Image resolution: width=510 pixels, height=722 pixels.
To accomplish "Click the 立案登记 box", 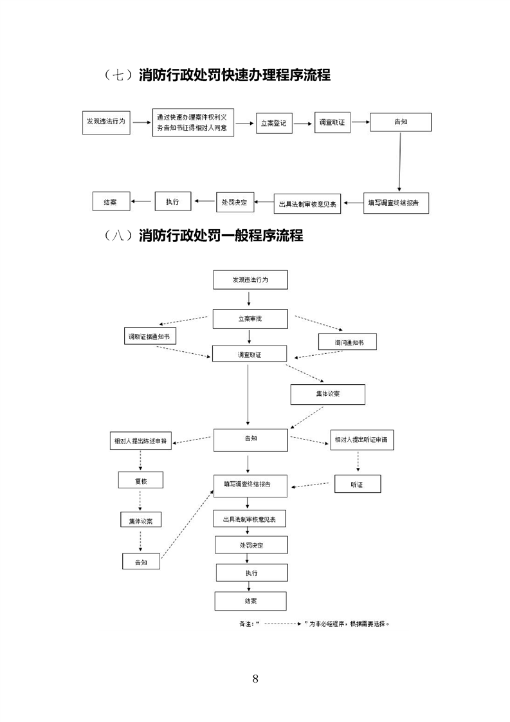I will pyautogui.click(x=274, y=122).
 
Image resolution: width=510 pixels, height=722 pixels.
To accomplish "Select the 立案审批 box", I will pyautogui.click(x=250, y=319).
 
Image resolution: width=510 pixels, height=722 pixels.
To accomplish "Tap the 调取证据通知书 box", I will pyautogui.click(x=150, y=337).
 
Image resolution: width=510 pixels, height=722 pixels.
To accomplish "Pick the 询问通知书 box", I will pyautogui.click(x=347, y=342).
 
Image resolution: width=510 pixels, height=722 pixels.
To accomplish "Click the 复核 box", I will pyautogui.click(x=140, y=479).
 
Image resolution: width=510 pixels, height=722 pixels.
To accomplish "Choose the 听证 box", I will pyautogui.click(x=358, y=484).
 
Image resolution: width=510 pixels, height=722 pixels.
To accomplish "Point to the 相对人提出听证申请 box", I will pyautogui.click(x=361, y=441).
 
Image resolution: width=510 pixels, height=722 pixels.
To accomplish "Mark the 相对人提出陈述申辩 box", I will pyautogui.click(x=140, y=441).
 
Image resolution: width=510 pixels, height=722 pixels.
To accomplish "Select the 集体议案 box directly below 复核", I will pyautogui.click(x=140, y=520).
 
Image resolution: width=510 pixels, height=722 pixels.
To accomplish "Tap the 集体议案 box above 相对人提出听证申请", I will pyautogui.click(x=328, y=394).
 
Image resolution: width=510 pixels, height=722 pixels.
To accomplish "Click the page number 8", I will pyautogui.click(x=255, y=679).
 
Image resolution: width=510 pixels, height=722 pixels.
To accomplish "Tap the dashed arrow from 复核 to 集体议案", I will pyautogui.click(x=140, y=499).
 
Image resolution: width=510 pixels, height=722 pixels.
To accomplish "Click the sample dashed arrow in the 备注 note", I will pyautogui.click(x=284, y=624).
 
